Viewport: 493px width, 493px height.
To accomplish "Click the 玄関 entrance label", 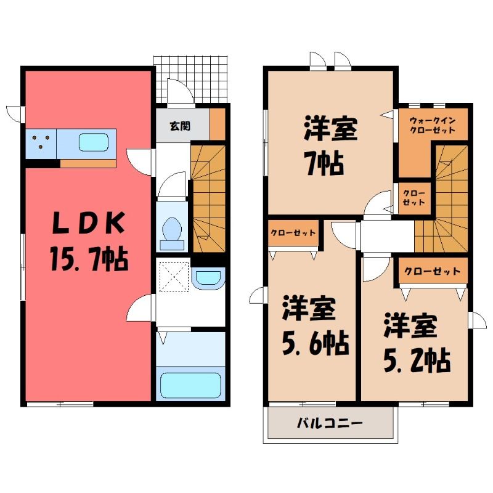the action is point(180,126).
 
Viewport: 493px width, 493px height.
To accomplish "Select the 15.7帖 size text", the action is point(89,259).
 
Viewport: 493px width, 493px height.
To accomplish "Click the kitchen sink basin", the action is point(94,142).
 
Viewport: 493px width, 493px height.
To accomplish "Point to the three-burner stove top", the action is point(41,144).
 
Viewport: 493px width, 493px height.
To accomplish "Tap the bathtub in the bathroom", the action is point(190,386).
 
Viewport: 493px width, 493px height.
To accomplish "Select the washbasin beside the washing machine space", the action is point(208,279).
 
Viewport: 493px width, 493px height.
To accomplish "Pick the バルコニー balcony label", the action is point(330,422).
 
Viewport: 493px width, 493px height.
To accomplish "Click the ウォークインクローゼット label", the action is point(433,125).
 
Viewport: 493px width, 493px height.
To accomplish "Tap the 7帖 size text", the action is point(325,163).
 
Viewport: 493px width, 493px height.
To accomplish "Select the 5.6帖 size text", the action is point(315,343).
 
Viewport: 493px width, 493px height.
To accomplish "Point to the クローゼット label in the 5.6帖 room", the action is point(293,233).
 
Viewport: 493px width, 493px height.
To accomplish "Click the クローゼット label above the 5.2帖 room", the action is point(432,271).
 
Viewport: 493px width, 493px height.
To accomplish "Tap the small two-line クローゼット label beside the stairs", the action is point(414,198).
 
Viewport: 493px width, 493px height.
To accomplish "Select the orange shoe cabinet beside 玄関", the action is point(218,124).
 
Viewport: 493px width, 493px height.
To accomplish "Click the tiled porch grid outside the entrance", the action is point(190,79).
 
